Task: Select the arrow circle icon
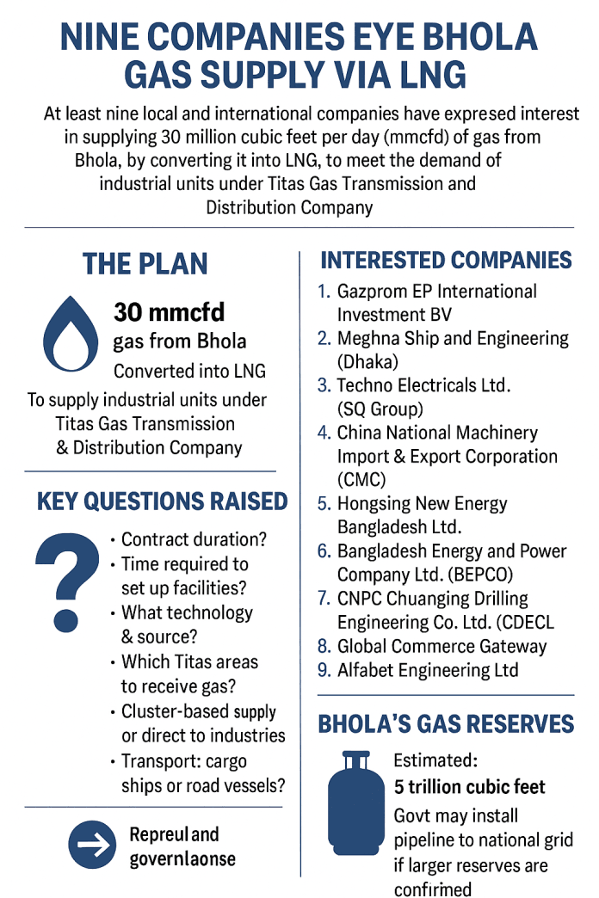tap(91, 846)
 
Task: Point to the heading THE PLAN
tap(145, 264)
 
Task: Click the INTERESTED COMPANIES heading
tap(446, 261)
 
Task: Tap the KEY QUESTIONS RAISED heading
tap(162, 501)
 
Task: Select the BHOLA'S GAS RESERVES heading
tap(446, 723)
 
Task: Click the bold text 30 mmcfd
tap(169, 313)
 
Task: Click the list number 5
tap(324, 504)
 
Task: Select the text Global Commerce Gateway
tap(442, 646)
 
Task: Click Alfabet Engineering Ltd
tap(428, 669)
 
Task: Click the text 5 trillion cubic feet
tap(469, 787)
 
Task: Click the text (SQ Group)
tap(380, 409)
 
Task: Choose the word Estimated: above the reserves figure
tap(435, 760)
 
